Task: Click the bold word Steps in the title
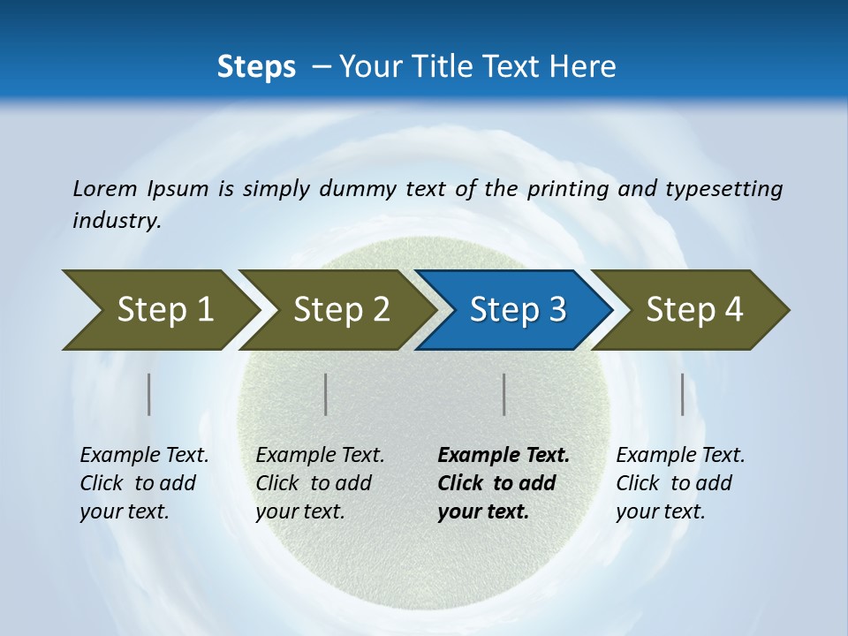[256, 67]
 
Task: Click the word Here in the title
[582, 67]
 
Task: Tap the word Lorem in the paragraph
[105, 188]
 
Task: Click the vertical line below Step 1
[149, 394]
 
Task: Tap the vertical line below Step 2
[326, 394]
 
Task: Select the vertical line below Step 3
[503, 394]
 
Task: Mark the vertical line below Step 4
[682, 394]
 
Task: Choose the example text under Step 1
[144, 483]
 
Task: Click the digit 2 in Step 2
[380, 310]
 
